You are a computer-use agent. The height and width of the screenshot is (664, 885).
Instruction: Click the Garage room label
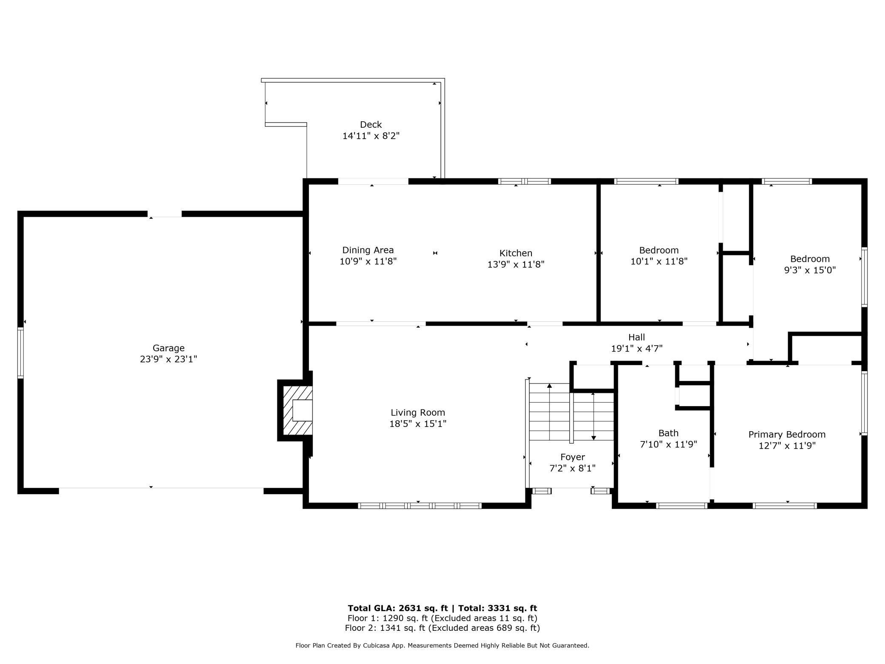pos(168,348)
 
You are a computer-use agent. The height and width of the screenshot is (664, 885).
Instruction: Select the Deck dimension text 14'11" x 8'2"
pos(371,136)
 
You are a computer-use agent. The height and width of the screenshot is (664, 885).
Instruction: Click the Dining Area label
pos(368,250)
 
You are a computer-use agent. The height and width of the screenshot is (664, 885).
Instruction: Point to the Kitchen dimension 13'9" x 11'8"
pos(516,264)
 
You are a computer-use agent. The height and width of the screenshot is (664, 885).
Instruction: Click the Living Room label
pos(417,412)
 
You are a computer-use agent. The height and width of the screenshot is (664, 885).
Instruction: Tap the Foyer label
pos(572,457)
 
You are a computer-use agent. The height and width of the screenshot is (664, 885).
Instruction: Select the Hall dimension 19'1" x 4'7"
pos(637,349)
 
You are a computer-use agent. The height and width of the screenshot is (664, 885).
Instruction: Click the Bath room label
pos(668,433)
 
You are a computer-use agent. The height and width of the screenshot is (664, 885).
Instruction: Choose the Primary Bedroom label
pos(787,435)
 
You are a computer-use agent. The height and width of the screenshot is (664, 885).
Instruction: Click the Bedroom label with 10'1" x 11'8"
pos(659,250)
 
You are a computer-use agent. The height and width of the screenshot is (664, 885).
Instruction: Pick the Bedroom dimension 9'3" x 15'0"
pos(810,270)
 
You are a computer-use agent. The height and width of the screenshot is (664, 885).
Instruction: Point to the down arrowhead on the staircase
pos(594,438)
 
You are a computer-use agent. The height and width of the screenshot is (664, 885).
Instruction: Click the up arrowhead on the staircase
pos(549,386)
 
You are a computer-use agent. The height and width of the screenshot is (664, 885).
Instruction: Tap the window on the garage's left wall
pos(20,353)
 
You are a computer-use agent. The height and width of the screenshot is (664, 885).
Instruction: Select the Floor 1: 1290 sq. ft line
pos(442,618)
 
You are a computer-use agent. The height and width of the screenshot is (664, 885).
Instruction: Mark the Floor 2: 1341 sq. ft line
pos(442,628)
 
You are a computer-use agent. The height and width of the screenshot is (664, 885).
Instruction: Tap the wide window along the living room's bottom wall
pos(420,506)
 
